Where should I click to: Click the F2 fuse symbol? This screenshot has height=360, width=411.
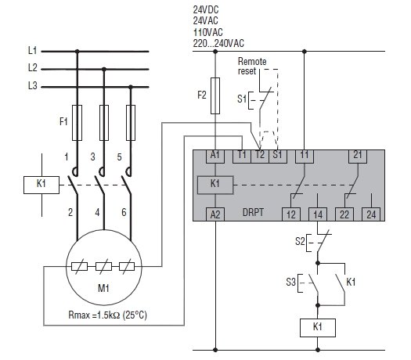(215, 95)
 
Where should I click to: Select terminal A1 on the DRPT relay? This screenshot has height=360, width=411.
(215, 157)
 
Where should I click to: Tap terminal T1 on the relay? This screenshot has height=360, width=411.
(242, 157)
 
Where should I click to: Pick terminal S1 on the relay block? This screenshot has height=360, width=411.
(278, 157)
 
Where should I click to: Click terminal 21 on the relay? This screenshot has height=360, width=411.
(358, 157)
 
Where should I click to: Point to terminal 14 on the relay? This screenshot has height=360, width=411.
(318, 214)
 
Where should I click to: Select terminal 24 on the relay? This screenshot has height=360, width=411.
(371, 214)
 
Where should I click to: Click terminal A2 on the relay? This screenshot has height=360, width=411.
(215, 214)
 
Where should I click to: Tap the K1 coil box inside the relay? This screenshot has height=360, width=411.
(215, 185)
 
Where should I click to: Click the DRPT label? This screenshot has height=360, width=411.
(253, 212)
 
